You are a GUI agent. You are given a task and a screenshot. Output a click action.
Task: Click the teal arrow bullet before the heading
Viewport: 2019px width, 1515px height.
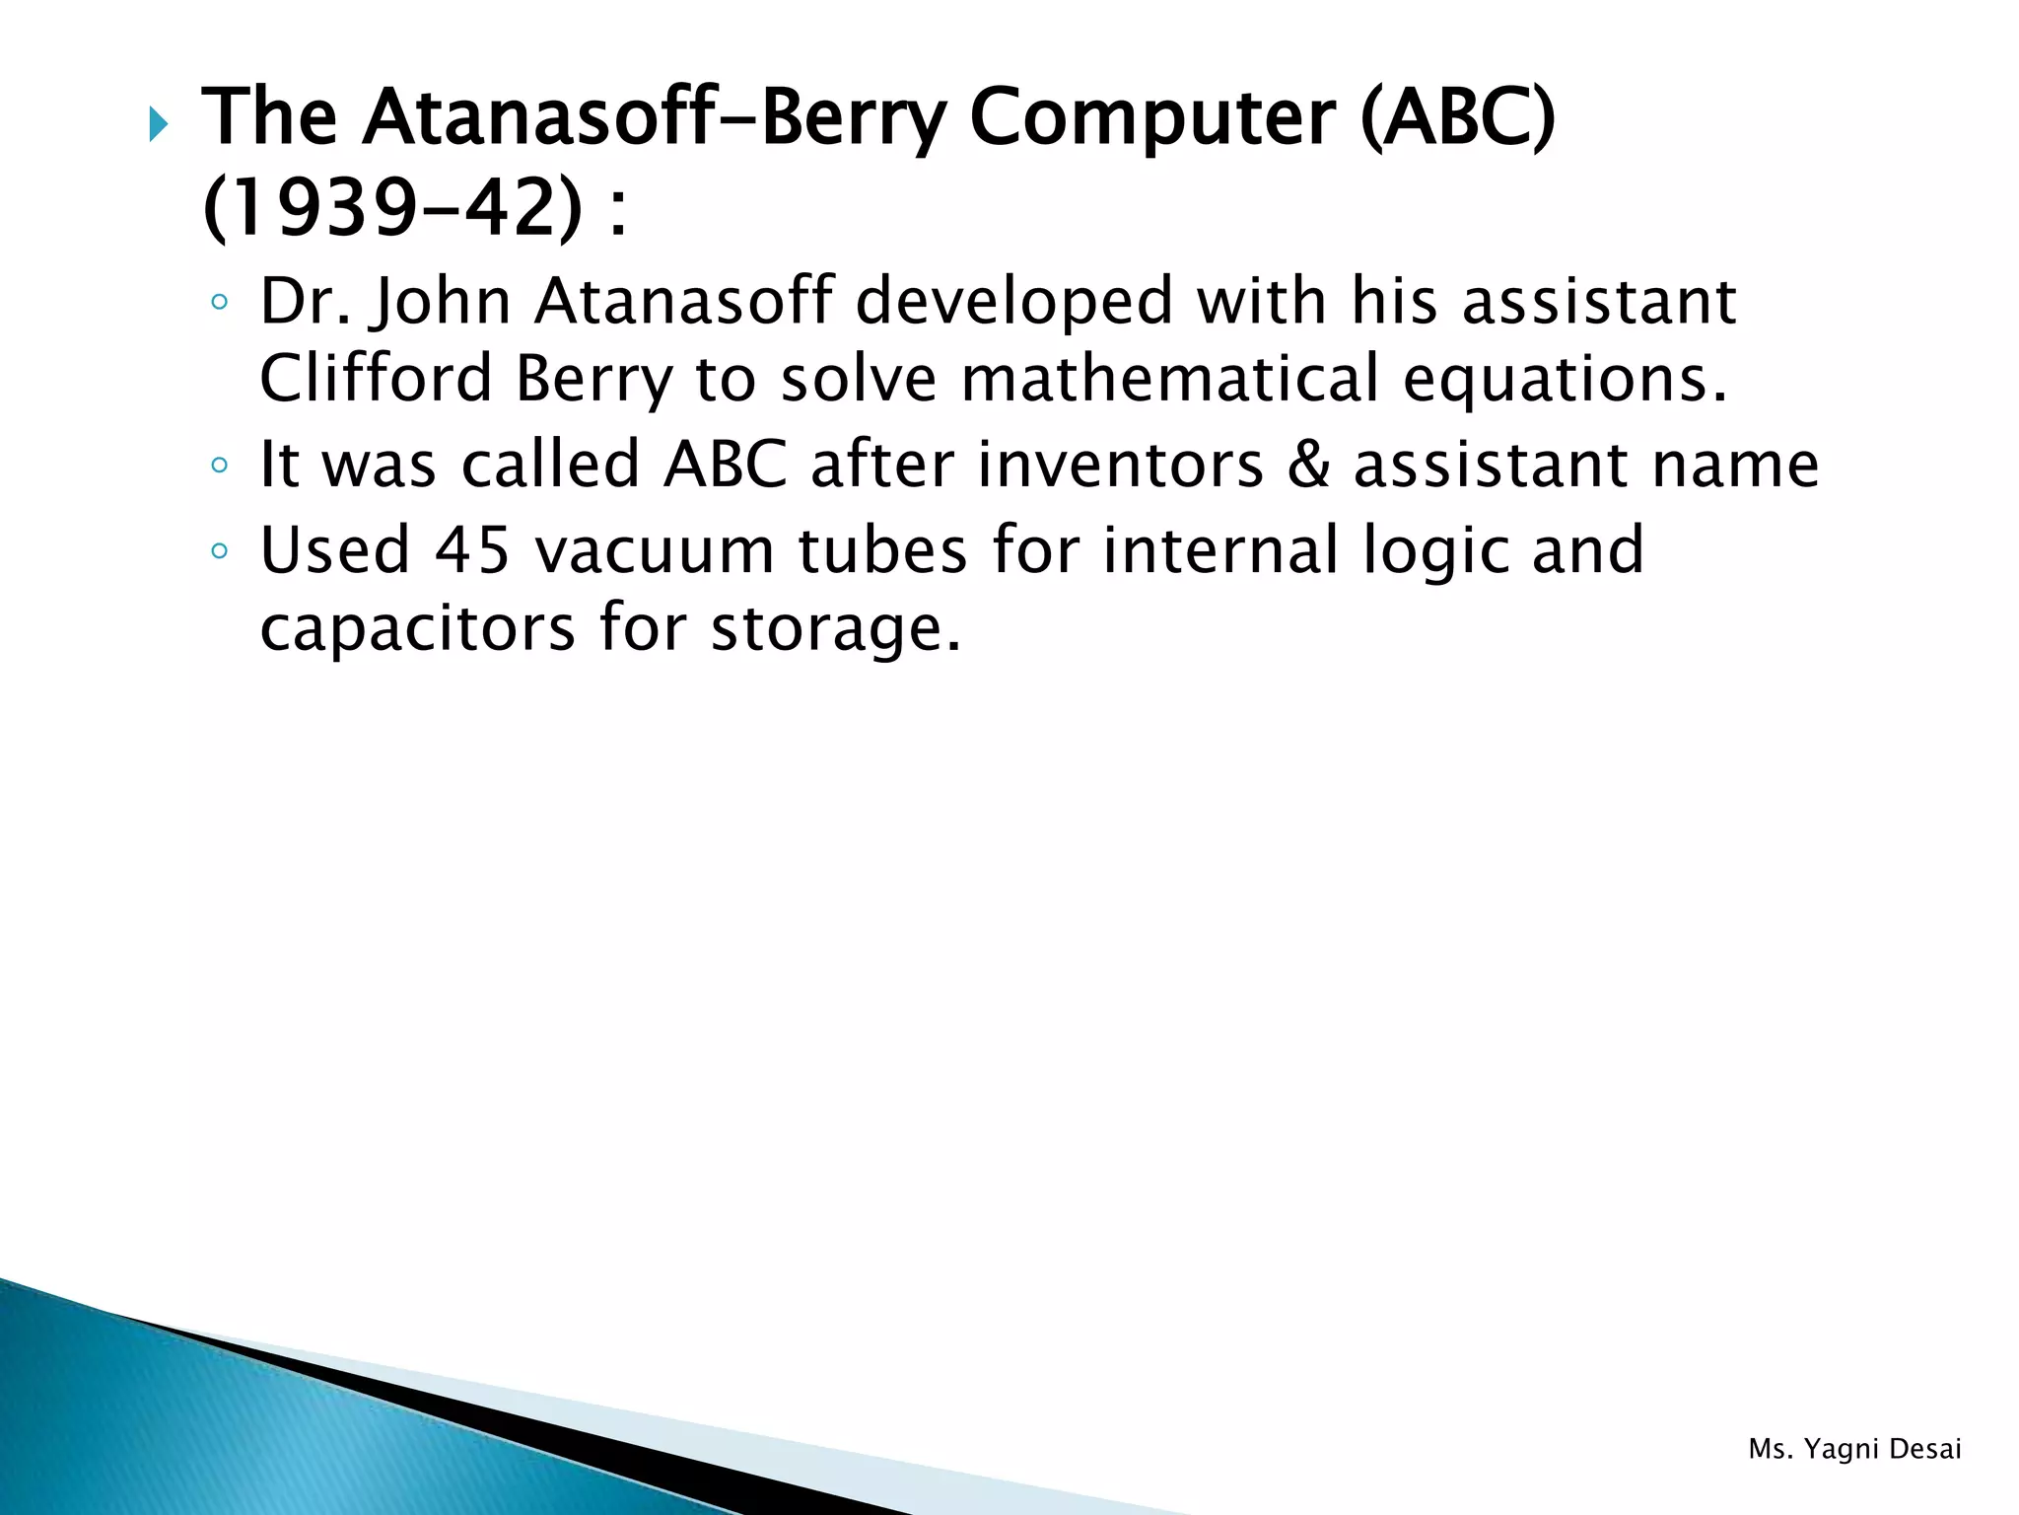point(159,125)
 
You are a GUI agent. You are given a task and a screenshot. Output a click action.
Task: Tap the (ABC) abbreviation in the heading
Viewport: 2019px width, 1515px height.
point(1457,118)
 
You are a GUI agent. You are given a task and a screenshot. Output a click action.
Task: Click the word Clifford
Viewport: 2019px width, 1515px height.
point(375,379)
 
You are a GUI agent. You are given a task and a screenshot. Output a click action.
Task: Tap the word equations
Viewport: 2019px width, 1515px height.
point(1565,381)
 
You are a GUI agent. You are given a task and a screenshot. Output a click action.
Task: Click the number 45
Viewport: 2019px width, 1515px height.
point(472,550)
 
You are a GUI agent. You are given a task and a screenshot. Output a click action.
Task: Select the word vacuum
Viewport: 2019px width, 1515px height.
point(654,550)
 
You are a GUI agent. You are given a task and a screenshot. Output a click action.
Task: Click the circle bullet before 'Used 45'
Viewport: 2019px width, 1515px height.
point(220,550)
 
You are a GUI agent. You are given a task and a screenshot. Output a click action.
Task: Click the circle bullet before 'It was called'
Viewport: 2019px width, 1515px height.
point(220,465)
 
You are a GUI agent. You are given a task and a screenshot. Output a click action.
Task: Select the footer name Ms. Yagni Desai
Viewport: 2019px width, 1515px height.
point(1854,1449)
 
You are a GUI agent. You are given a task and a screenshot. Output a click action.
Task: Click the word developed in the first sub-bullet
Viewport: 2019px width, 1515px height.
point(1013,304)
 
